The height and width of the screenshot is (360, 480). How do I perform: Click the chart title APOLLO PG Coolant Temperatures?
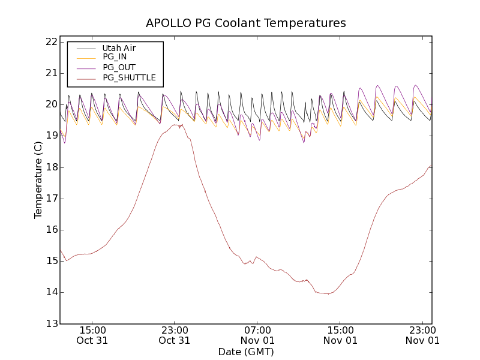(246, 23)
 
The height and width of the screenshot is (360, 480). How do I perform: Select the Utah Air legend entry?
(118, 48)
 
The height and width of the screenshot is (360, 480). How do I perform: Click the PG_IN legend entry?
(115, 57)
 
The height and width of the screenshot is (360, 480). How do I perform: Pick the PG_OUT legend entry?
(119, 67)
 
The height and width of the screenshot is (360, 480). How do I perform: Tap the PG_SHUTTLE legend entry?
(129, 77)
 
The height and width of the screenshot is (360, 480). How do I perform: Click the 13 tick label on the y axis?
(50, 323)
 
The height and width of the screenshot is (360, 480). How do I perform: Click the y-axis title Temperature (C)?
(38, 180)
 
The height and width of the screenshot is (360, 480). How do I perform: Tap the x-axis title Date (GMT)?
(246, 352)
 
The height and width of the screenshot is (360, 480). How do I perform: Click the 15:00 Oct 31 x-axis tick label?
(92, 335)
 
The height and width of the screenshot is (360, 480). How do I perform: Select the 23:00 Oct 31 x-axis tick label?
(175, 335)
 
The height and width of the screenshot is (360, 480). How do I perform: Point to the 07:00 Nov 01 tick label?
(257, 335)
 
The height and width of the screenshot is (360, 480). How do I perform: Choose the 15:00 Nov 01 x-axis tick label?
(340, 335)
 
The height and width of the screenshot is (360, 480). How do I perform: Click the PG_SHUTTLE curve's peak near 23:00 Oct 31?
(175, 125)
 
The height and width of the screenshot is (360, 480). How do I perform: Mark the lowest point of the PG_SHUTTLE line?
(328, 294)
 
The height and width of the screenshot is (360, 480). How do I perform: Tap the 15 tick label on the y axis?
(50, 261)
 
